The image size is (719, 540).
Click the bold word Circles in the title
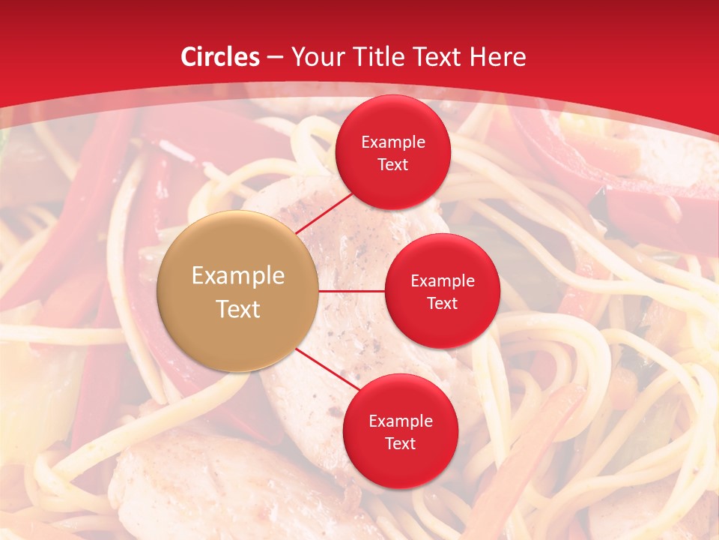[220, 57]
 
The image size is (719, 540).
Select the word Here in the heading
[498, 57]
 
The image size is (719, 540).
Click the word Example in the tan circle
[238, 276]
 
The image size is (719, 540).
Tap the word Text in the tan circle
[238, 309]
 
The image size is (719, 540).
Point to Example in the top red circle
[393, 142]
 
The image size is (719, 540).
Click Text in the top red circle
[393, 164]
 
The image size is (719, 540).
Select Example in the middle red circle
[442, 280]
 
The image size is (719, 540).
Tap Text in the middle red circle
[442, 303]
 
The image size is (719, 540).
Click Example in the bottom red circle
[400, 421]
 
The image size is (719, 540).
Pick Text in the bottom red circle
[400, 443]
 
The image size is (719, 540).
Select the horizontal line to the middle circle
[352, 290]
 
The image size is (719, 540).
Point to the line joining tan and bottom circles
[326, 370]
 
